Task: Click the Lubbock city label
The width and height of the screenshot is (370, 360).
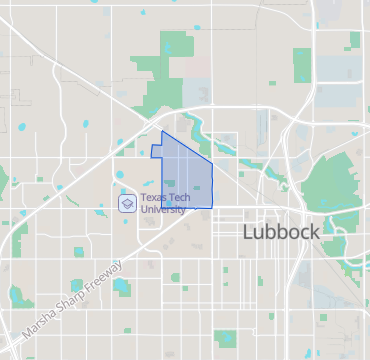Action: [281, 232]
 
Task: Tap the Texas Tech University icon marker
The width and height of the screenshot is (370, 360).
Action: [127, 203]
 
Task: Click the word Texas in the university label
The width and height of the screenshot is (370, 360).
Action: [152, 198]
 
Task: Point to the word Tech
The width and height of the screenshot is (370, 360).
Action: [176, 198]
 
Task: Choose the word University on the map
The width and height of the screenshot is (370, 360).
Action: [162, 209]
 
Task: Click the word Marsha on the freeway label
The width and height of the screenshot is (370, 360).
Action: [36, 322]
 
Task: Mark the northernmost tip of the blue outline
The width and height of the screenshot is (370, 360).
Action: [163, 131]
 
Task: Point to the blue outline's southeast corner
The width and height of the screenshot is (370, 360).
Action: [213, 207]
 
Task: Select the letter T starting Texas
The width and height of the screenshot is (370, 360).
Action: [143, 198]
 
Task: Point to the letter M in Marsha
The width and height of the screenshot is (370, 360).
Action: [24, 331]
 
